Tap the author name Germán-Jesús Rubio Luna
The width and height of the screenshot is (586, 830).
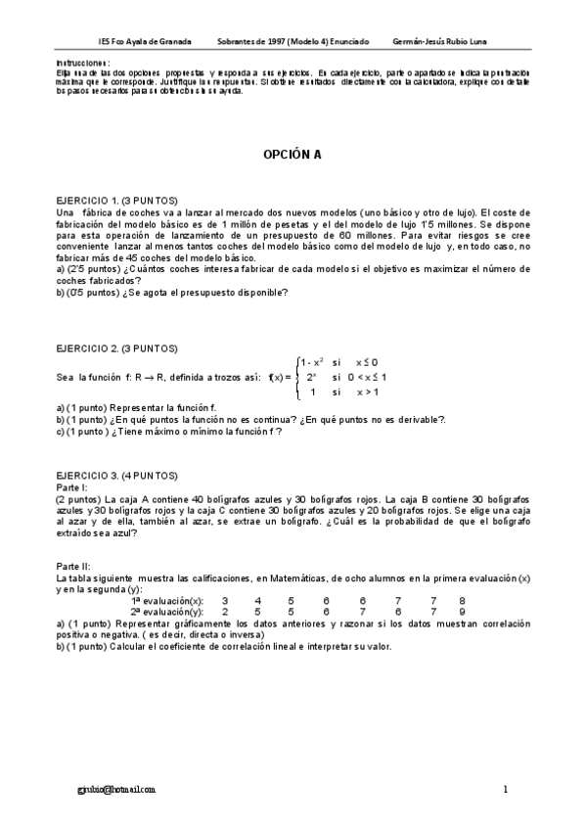tap(439, 41)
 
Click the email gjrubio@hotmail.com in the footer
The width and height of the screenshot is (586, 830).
tap(116, 788)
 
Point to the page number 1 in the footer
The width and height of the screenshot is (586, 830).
tap(506, 788)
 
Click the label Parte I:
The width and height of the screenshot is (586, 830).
tap(72, 485)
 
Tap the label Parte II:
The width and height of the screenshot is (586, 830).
tap(74, 566)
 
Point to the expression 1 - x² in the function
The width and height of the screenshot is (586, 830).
tap(312, 362)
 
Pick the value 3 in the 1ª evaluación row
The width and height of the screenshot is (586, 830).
tap(225, 600)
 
